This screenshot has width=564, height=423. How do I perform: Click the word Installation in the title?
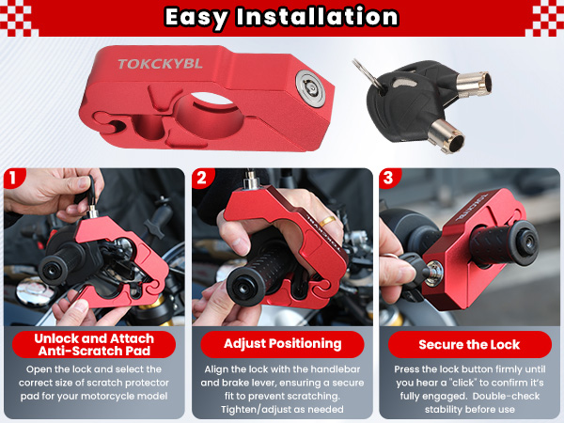[x=320, y=17]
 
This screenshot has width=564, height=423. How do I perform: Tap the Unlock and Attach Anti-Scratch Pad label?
[x=94, y=343]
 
